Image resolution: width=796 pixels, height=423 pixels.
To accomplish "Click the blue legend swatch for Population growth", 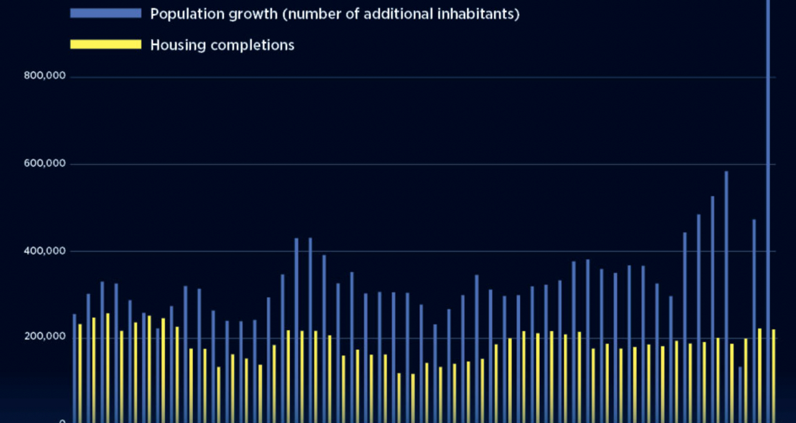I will [105, 13].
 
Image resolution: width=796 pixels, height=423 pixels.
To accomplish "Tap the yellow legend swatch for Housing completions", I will [105, 44].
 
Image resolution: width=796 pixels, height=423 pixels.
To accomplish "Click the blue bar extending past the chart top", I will [768, 199].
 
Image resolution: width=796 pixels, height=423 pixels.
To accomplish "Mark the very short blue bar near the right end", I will [740, 394].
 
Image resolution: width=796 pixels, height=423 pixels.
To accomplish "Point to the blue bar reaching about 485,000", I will [698, 318].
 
